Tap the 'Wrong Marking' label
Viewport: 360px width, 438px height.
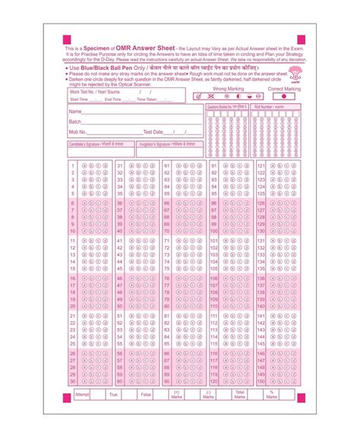[x=228, y=89]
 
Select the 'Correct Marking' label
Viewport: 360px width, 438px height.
[x=284, y=89]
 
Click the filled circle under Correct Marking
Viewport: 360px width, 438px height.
[x=284, y=96]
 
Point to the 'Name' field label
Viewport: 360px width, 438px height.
[x=75, y=112]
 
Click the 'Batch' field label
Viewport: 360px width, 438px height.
[x=75, y=121]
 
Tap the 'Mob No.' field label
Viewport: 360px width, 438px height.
[x=77, y=131]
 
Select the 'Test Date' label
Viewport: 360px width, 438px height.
[x=153, y=131]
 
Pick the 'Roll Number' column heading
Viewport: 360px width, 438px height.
[x=269, y=109]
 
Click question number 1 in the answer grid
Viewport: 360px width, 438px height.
[x=72, y=165]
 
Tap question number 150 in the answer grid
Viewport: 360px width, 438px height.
[x=261, y=381]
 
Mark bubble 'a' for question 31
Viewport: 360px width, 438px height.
[x=130, y=165]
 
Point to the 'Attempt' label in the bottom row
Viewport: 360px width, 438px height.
[x=82, y=395]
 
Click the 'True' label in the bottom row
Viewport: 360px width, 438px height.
[x=113, y=395]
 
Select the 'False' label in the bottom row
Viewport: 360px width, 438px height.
[x=146, y=395]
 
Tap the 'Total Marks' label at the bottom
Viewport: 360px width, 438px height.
[x=240, y=395]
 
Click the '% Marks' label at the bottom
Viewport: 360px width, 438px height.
[x=270, y=395]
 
